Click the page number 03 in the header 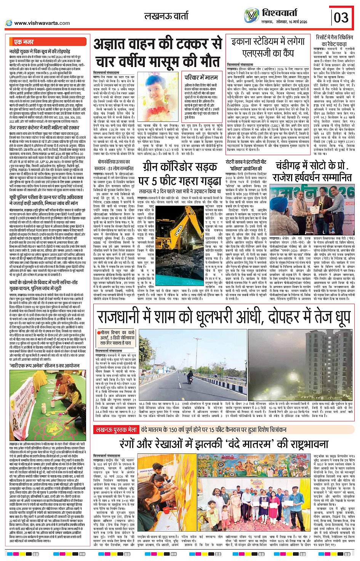341,17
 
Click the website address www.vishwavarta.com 42,23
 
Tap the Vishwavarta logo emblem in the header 251,16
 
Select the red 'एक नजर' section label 24,42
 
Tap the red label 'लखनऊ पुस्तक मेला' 117,430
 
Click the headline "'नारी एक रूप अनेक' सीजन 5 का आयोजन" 45,366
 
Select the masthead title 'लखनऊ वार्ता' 166,16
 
